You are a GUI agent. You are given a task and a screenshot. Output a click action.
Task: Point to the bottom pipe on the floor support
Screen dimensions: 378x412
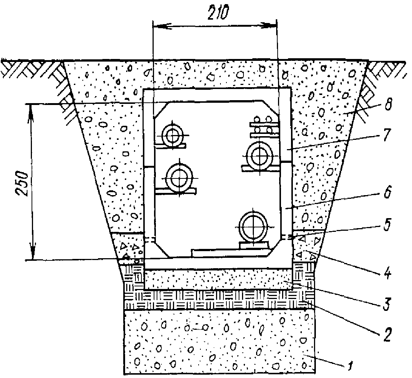[253, 227]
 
